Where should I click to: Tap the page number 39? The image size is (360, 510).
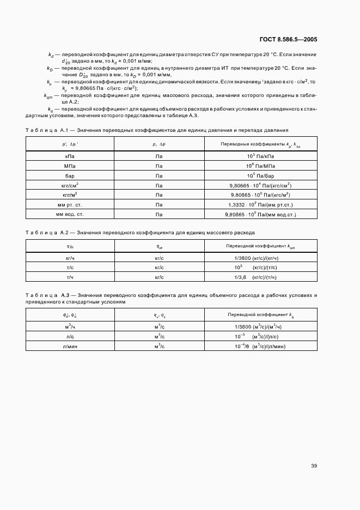tap(314, 466)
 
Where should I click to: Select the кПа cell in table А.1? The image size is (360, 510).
tap(70, 156)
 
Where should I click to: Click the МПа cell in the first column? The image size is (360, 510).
tap(70, 166)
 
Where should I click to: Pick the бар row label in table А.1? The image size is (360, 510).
tap(70, 175)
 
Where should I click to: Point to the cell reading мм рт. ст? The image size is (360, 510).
tap(70, 205)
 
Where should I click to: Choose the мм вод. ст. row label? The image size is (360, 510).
tap(70, 215)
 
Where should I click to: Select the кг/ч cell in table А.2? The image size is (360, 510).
tap(70, 258)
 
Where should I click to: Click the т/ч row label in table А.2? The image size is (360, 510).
tap(70, 277)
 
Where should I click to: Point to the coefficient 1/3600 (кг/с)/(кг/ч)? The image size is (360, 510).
tap(255, 258)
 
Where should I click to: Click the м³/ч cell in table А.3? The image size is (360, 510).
tap(70, 326)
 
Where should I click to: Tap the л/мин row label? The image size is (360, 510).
tap(70, 346)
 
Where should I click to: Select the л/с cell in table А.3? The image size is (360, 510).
tap(70, 336)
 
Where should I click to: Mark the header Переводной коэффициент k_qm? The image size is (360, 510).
tap(261, 246)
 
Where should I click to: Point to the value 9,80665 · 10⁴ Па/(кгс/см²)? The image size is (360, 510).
tap(261, 185)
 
